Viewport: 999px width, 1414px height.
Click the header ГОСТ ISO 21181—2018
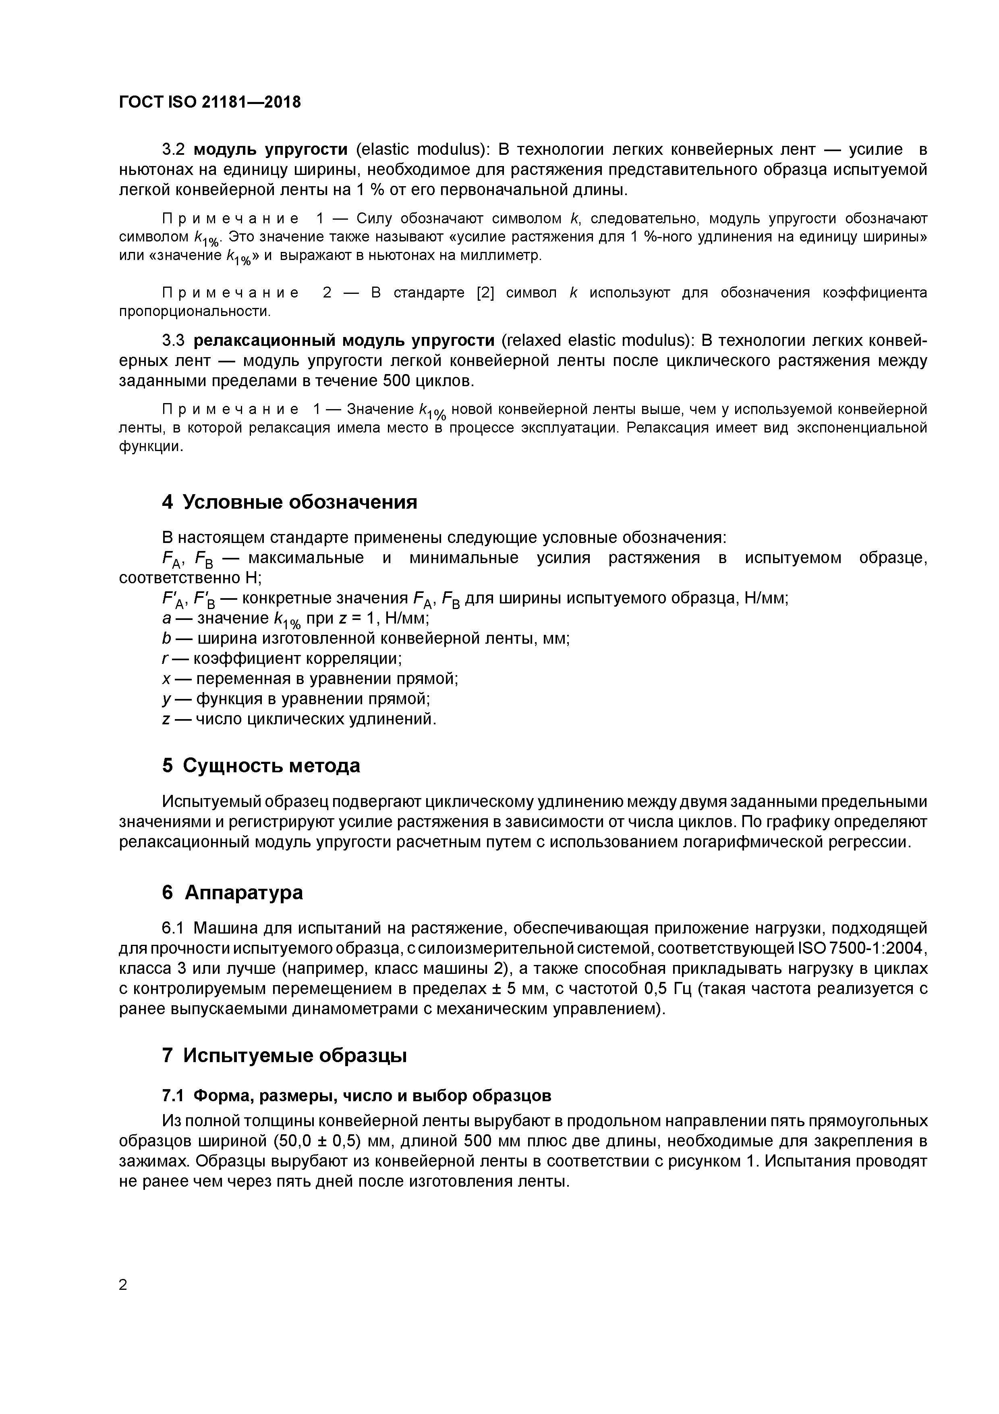[210, 102]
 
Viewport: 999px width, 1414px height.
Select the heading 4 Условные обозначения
[289, 502]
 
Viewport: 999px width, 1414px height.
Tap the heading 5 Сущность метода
[261, 765]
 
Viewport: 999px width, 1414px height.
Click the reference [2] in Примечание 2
[486, 293]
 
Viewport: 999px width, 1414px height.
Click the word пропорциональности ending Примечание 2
[195, 312]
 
